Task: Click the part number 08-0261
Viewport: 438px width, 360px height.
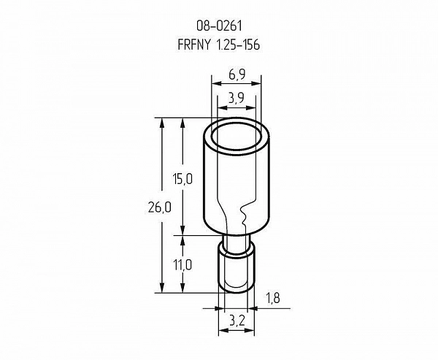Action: pos(219,26)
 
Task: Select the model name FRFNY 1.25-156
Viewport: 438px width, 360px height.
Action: pos(219,45)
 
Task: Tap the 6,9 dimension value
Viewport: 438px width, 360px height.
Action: pos(237,74)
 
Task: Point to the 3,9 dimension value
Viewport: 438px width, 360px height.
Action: pos(236,98)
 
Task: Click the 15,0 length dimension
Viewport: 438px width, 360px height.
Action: pos(182,179)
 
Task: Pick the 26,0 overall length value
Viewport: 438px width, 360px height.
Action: pos(159,207)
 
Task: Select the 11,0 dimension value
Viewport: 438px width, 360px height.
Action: pos(182,264)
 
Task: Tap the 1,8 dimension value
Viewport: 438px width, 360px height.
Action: pos(272,298)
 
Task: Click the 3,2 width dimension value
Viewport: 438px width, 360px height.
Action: pos(237,321)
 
